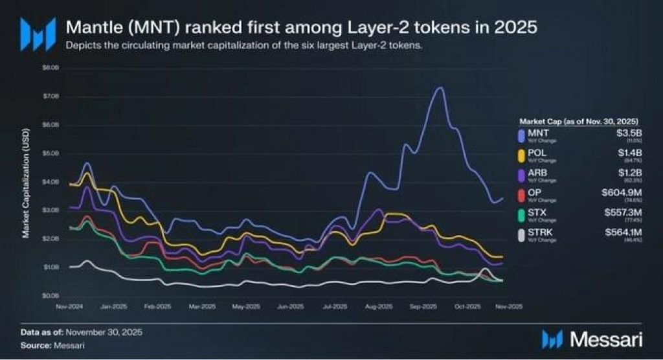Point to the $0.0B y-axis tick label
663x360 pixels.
click(51, 295)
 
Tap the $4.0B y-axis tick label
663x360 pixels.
click(51, 181)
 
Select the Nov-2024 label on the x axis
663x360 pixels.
click(68, 306)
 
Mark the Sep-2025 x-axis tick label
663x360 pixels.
click(421, 306)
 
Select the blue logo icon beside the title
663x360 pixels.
click(33, 32)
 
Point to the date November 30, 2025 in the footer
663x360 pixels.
click(102, 332)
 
